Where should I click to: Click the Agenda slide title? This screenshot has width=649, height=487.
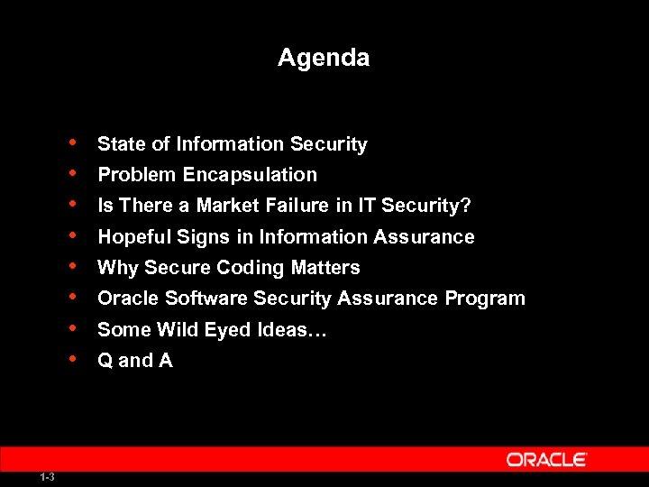coord(324,58)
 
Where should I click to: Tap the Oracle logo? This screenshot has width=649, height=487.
coord(547,459)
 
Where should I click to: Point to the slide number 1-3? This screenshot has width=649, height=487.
coord(47,477)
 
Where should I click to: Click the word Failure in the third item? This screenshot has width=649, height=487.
coord(296,206)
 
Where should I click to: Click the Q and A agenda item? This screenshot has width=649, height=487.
coord(134,361)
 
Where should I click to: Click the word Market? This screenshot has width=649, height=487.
coord(227,206)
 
